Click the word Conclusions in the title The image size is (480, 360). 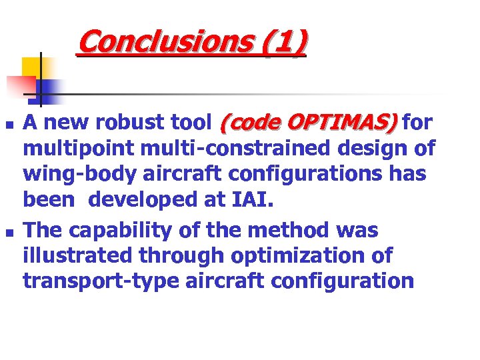163,42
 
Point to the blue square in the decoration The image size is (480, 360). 48,89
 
